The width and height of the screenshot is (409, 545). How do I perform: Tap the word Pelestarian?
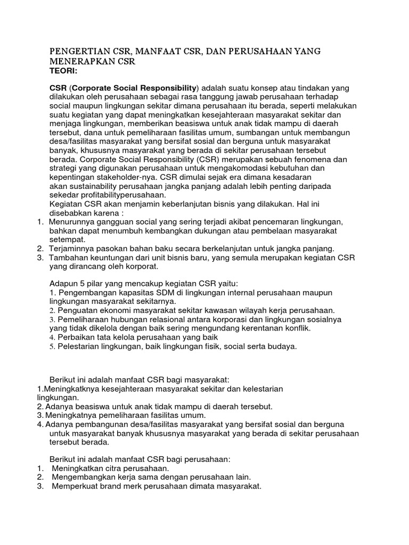[x=77, y=346]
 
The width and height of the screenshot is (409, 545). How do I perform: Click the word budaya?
[x=282, y=346]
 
